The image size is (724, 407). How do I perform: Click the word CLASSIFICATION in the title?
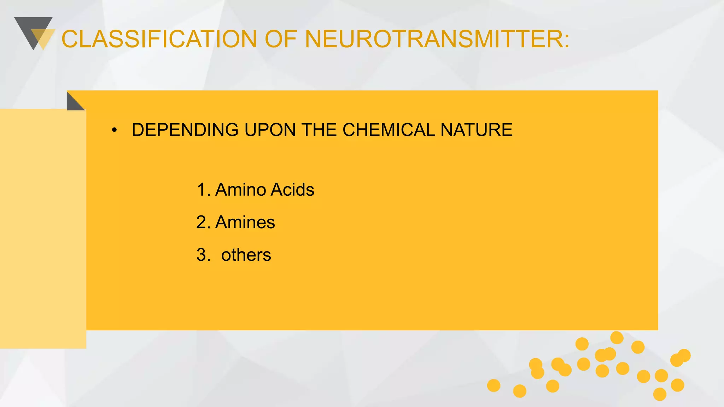coord(159,39)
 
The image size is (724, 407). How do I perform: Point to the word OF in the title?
coord(280,39)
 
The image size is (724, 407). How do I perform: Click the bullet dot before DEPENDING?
coord(114,130)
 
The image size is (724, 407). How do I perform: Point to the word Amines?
coord(245,222)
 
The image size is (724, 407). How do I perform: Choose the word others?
coord(246,255)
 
